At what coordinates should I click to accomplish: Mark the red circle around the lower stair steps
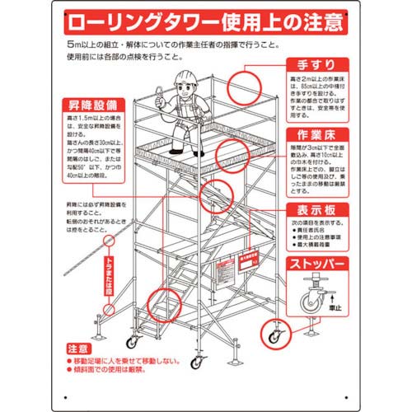162,307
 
